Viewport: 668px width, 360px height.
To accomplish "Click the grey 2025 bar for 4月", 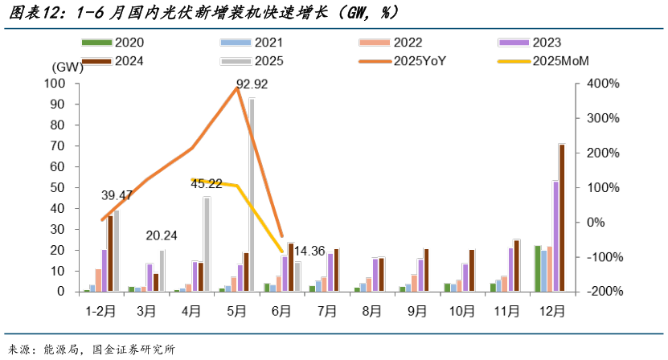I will pos(207,244).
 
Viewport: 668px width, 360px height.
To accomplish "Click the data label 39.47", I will pos(117,195).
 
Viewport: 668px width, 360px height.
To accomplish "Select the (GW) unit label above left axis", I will pos(67,67).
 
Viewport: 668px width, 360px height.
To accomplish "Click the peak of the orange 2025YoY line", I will pos(237,87).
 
